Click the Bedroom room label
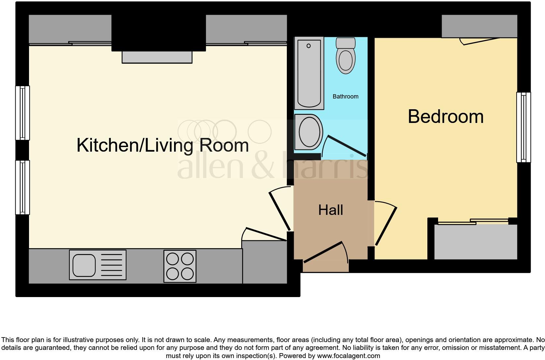tap(445, 116)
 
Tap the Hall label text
tap(331, 210)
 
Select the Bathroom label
tap(345, 97)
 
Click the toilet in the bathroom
tap(346, 56)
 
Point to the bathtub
tap(309, 73)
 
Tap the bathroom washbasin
tap(308, 132)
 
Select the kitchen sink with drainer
tap(97, 265)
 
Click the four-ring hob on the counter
tap(180, 266)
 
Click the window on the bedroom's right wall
tap(523, 127)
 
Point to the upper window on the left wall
tap(22, 113)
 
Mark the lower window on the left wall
tap(22, 187)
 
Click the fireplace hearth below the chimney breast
tap(157, 57)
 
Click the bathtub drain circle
tap(309, 46)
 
